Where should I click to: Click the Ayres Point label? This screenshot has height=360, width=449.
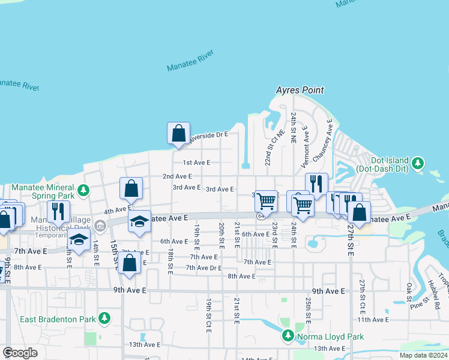point(300,90)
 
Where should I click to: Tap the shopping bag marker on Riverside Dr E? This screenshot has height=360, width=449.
point(179,133)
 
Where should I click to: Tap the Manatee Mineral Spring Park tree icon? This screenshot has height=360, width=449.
point(84,191)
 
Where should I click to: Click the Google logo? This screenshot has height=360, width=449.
point(20,353)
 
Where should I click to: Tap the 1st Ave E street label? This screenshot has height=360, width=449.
point(196,163)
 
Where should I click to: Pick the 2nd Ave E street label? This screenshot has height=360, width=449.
point(177,176)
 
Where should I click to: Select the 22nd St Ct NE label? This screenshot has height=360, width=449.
point(270,149)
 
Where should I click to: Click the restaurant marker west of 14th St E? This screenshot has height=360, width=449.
point(58,211)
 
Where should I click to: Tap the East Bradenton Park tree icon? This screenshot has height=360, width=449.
point(104,317)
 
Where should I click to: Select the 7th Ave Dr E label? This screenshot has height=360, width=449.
point(203,268)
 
